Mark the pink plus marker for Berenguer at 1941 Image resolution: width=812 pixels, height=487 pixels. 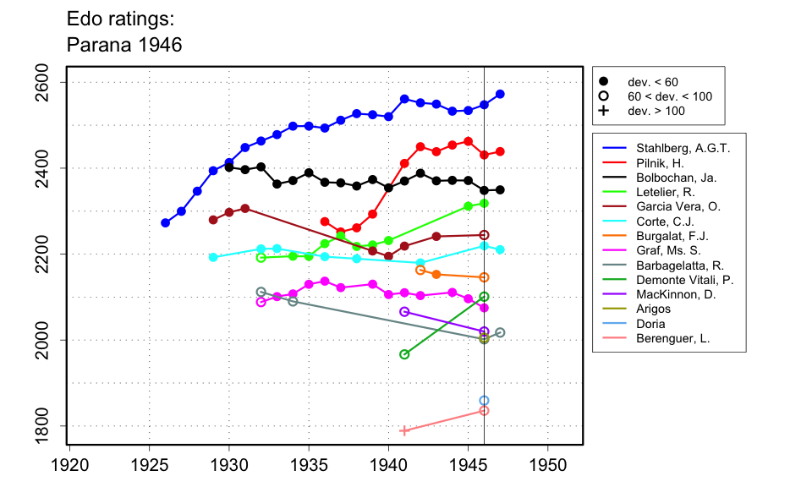(404, 431)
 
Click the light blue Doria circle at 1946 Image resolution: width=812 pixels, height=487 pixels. (484, 401)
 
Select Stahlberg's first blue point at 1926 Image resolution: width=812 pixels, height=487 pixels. (165, 223)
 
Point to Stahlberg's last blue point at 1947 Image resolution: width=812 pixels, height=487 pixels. (500, 94)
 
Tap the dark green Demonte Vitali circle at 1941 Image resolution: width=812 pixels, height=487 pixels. (404, 354)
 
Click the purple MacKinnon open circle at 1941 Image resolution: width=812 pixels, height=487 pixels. (404, 312)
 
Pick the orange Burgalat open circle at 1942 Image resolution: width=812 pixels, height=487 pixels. (420, 270)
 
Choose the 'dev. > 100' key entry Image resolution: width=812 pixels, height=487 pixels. (656, 111)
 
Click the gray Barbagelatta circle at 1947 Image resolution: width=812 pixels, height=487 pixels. (500, 333)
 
